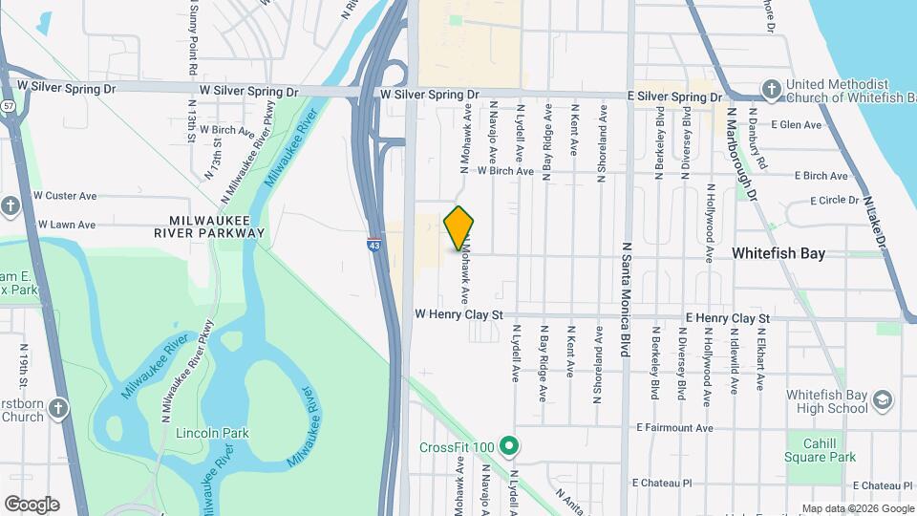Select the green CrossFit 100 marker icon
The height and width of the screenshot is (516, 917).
[510, 446]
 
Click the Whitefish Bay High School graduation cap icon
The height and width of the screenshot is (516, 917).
[885, 399]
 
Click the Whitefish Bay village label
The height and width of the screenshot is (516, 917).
[778, 253]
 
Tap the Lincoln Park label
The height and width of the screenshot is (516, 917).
[212, 433]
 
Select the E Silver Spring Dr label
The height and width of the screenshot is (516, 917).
[665, 97]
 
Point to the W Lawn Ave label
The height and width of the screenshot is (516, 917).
[66, 225]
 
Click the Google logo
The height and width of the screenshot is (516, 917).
[32, 505]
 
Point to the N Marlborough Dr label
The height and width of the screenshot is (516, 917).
[741, 152]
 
